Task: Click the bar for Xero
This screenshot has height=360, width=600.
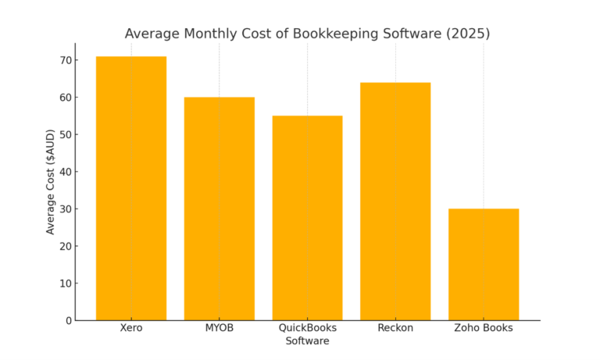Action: (131, 188)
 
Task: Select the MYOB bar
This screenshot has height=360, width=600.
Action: (219, 209)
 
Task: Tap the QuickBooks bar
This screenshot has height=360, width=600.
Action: (307, 218)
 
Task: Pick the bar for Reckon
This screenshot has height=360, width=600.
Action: (395, 201)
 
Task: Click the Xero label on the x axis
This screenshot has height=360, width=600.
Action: (131, 328)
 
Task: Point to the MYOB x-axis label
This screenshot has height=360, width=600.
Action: (219, 328)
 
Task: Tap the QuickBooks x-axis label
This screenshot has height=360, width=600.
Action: (307, 328)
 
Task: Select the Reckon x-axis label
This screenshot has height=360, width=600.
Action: (395, 328)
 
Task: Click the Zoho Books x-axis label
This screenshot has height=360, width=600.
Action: (483, 328)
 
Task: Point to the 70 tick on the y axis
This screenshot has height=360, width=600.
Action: (64, 60)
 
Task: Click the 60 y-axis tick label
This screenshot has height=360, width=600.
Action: (64, 98)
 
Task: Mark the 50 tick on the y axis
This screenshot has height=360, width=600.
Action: (64, 134)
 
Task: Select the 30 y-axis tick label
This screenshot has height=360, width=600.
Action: (64, 209)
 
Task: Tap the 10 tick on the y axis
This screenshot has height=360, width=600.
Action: (64, 283)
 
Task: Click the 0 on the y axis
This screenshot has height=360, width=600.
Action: (67, 320)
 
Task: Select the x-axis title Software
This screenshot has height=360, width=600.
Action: (307, 341)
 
